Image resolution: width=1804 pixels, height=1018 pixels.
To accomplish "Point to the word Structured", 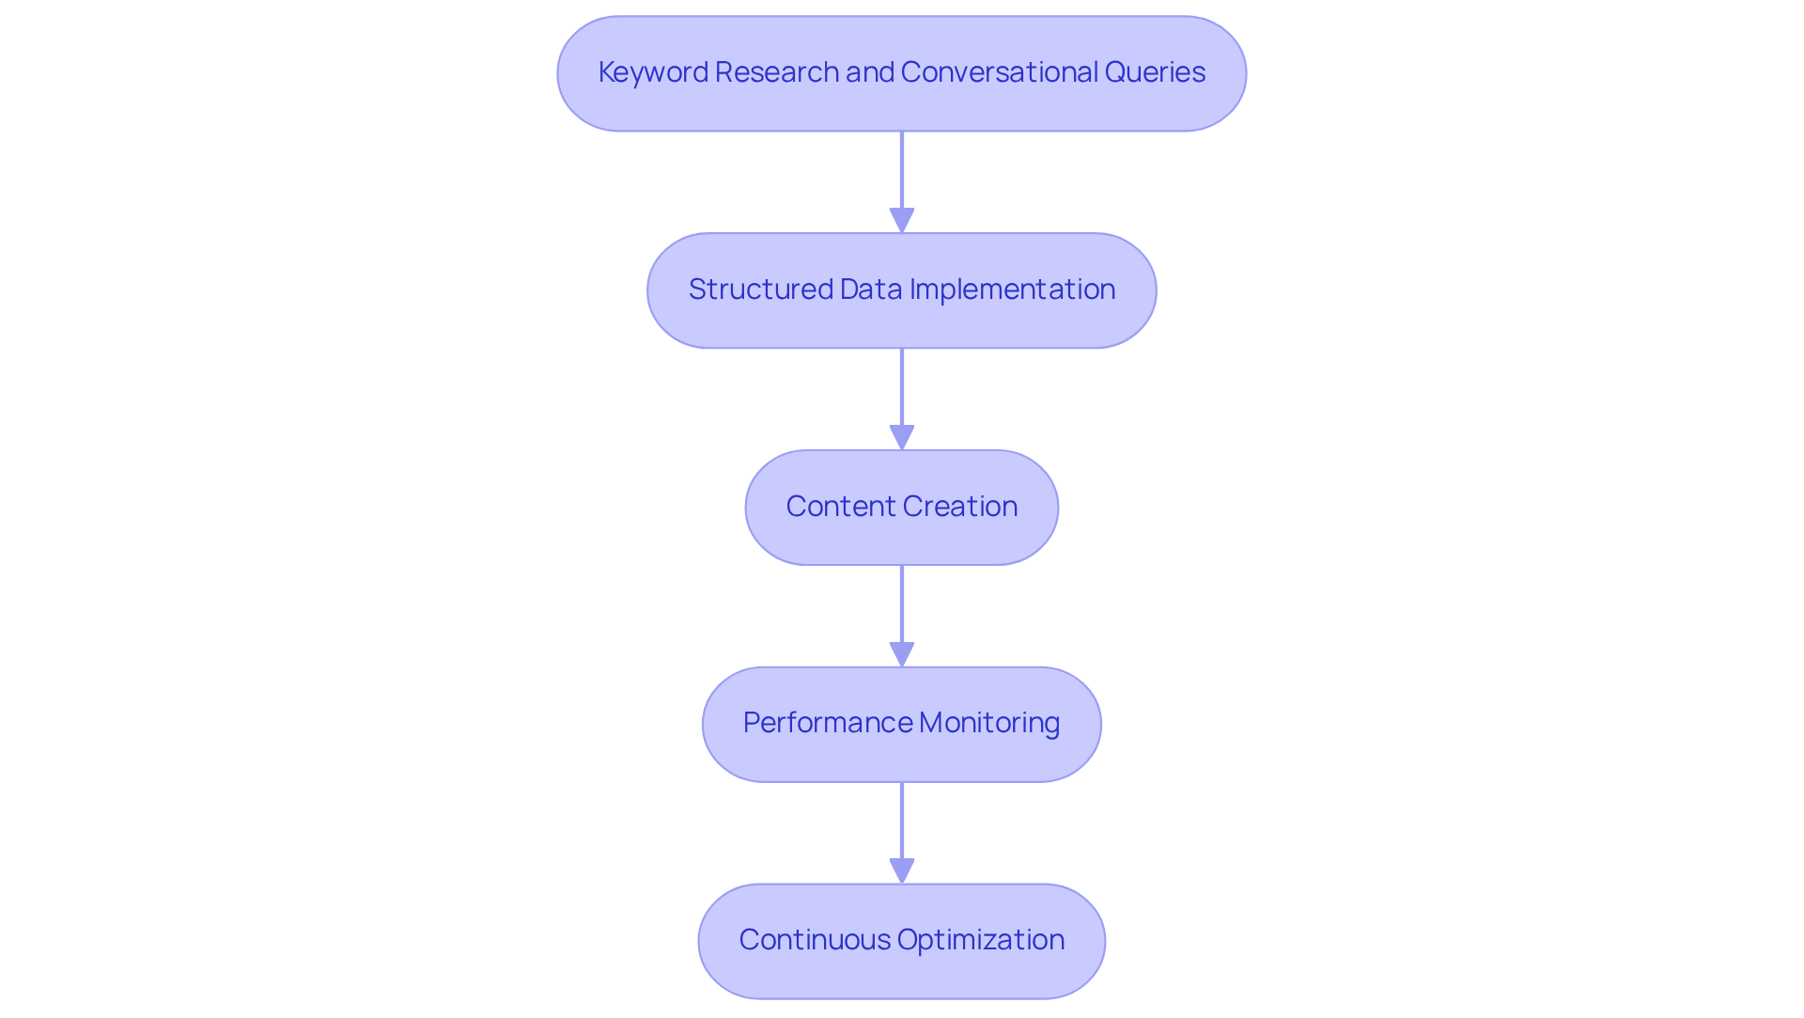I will tap(761, 290).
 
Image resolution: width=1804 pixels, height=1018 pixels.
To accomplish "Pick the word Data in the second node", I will tap(871, 290).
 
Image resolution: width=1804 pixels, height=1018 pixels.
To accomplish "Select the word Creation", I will tap(962, 507).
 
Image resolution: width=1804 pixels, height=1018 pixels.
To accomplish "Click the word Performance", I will tap(827, 723).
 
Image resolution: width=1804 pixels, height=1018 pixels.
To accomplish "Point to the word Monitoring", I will tap(989, 723).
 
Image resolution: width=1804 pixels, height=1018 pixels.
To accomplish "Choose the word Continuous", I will tap(814, 940).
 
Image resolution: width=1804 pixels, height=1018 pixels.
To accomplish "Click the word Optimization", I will tap(981, 940).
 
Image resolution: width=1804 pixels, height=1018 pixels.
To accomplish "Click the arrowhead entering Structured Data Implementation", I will tap(902, 220).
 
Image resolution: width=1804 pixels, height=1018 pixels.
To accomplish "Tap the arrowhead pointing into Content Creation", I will tap(902, 437).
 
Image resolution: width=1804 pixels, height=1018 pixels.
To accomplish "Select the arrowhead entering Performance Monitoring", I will tap(902, 654).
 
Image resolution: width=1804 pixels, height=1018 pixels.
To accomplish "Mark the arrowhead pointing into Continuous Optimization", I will tap(902, 870).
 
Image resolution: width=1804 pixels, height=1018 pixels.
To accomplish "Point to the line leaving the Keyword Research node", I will tap(902, 169).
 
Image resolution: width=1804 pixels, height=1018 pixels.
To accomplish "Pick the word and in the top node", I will tap(869, 72).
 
